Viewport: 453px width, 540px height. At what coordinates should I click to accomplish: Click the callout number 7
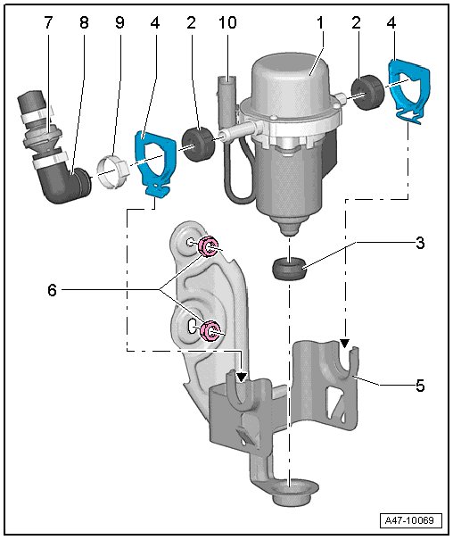[x=48, y=23]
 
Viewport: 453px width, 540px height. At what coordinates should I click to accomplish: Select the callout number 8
[x=84, y=23]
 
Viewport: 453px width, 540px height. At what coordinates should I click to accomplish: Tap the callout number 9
[x=119, y=23]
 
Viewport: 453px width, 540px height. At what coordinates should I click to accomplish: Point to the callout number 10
[x=227, y=23]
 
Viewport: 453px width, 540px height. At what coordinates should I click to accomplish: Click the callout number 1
[x=320, y=23]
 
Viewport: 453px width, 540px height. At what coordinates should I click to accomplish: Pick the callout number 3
[x=420, y=243]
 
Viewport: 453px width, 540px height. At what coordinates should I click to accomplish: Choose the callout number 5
[x=420, y=386]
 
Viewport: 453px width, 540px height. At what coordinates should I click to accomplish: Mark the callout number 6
[x=52, y=290]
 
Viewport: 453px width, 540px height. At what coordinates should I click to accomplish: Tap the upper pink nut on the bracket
[x=208, y=246]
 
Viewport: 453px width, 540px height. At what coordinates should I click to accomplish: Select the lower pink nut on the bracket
[x=210, y=330]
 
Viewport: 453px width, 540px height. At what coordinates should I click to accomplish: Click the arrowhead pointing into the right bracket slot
[x=344, y=343]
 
